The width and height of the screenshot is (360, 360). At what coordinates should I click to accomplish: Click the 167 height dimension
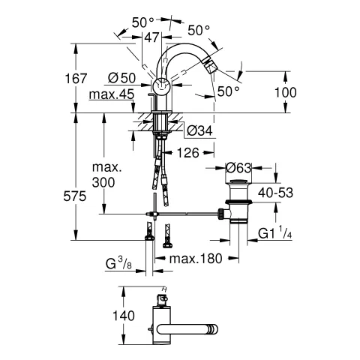[x=76, y=79]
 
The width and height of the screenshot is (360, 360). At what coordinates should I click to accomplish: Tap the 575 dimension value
[x=74, y=196]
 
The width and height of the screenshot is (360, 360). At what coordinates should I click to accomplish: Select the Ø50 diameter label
[x=121, y=78]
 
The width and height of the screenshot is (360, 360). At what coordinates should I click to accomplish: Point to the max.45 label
[x=112, y=94]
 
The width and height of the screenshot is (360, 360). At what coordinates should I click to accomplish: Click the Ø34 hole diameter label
[x=199, y=130]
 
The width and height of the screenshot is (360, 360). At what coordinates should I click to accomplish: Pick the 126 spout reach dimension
[x=188, y=152]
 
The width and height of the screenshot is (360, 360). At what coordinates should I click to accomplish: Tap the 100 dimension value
[x=286, y=92]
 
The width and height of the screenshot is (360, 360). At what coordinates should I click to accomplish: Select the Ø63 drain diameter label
[x=238, y=167]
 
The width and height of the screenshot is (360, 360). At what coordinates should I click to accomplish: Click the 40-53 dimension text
[x=275, y=193]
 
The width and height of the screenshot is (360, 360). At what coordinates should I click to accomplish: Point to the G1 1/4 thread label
[x=274, y=232]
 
